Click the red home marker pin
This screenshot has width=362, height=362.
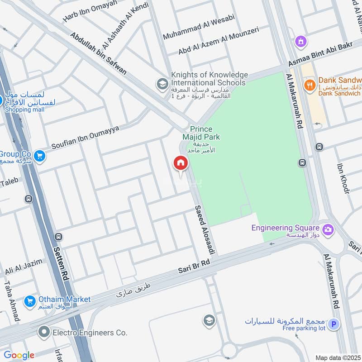click(180, 163)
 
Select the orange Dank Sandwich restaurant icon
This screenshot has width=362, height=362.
click(310, 84)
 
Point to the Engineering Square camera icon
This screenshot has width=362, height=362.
click(328, 229)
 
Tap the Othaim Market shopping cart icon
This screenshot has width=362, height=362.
click(30, 300)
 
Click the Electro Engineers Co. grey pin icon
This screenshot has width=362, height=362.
click(44, 332)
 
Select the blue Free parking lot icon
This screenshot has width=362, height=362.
click(333, 324)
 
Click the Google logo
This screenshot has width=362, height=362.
click(19, 355)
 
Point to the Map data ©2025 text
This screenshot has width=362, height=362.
click(337, 357)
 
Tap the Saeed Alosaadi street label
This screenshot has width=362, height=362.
click(204, 229)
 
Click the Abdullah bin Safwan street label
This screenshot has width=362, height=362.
click(98, 53)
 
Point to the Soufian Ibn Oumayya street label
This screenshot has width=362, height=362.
click(86, 138)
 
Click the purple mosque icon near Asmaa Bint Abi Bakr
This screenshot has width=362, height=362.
click(299, 42)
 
